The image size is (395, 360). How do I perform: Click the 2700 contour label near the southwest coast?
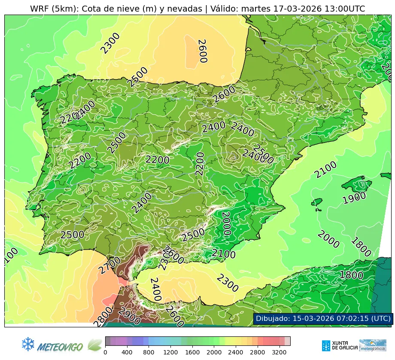click(109, 265)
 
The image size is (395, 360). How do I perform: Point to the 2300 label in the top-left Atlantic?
click(110, 43)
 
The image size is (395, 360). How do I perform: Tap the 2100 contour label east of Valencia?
click(325, 171)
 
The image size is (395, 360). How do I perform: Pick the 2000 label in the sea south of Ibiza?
click(328, 240)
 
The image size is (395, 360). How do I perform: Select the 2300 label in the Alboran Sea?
click(227, 284)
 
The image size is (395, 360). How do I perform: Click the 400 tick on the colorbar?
click(127, 352)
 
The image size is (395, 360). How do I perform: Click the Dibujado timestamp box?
click(322, 319)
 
